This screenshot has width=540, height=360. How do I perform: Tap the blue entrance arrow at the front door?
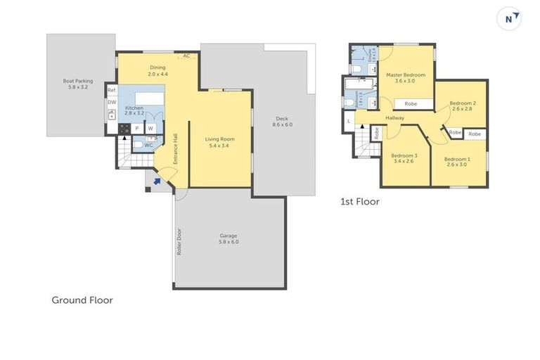tap(157, 181)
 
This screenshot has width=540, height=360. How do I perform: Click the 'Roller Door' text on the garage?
tap(180, 241)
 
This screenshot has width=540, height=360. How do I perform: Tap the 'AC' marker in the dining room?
tap(186, 56)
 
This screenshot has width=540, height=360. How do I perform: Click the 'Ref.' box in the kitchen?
tap(111, 91)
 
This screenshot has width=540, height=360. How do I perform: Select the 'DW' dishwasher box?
tap(111, 103)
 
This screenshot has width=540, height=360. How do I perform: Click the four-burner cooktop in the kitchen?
tap(124, 129)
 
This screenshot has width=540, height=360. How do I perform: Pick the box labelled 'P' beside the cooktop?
tap(137, 129)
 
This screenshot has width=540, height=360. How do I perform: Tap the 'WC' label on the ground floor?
tap(148, 146)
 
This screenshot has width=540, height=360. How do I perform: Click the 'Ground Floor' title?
tap(82, 300)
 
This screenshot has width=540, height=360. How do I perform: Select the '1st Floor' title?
tap(359, 202)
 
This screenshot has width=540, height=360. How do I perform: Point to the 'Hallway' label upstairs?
tap(394, 117)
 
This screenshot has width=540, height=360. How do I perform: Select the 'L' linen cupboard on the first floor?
tap(349, 122)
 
